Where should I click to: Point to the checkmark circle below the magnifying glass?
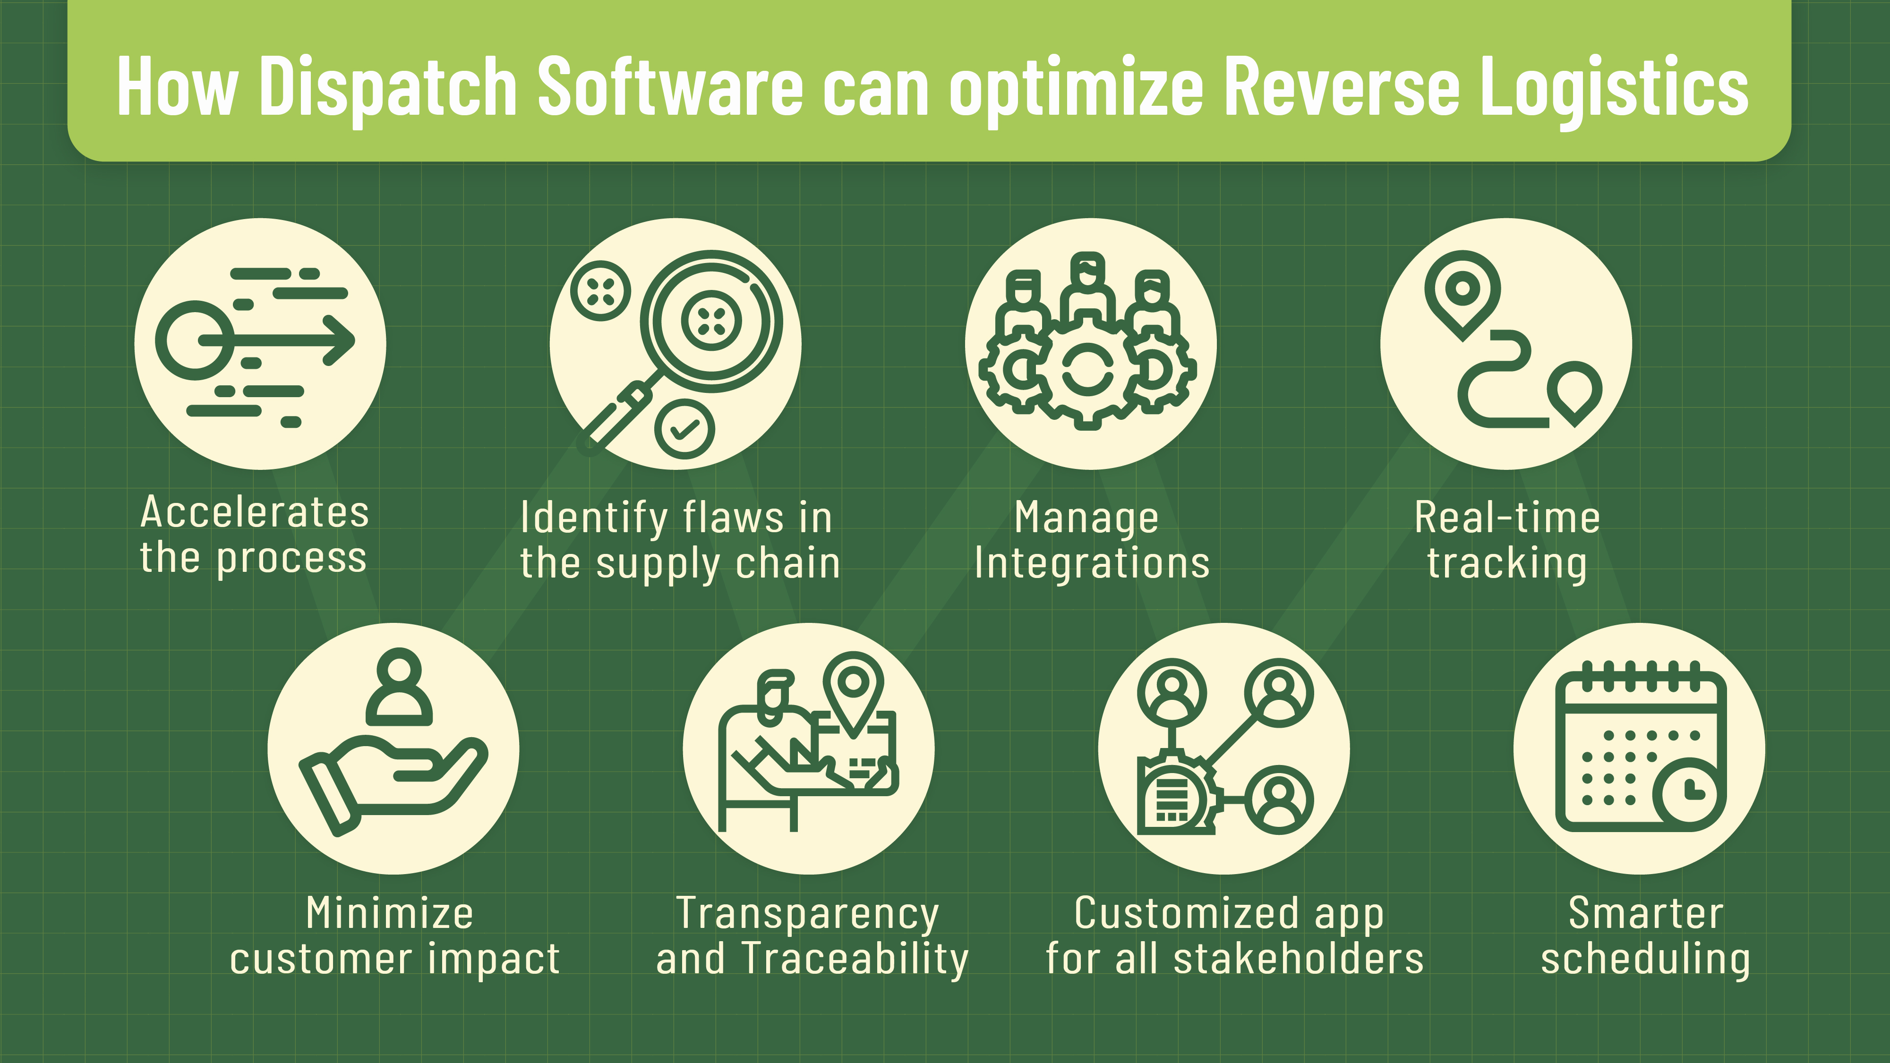684,429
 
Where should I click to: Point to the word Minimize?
390,913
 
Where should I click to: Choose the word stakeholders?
1299,959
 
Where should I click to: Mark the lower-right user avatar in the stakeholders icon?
1279,799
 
